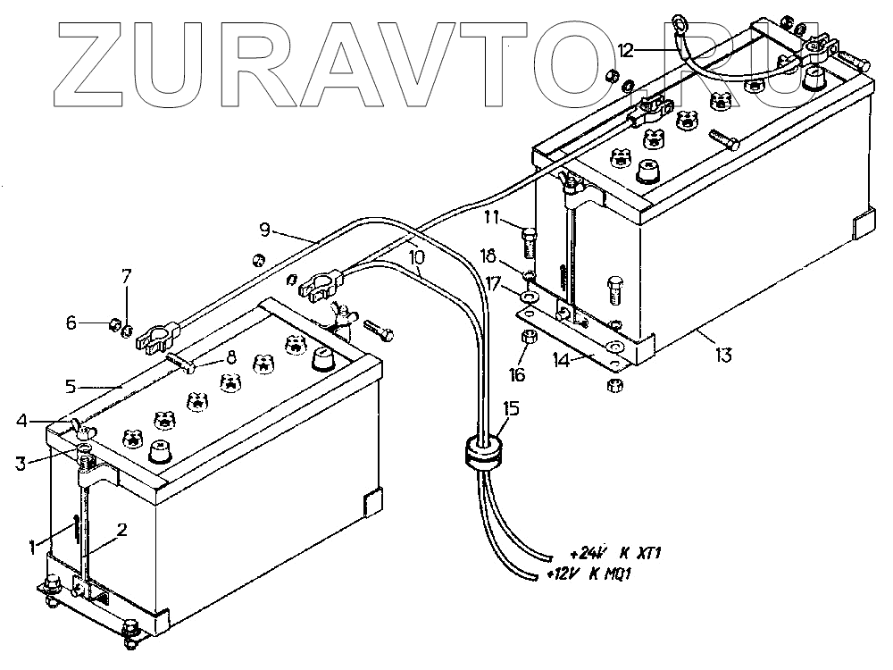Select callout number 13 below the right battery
coord(723,355)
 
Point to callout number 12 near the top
coord(625,50)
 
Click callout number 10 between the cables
coord(415,256)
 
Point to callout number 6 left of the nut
coord(72,323)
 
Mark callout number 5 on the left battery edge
coord(74,387)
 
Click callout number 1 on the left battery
coord(33,544)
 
